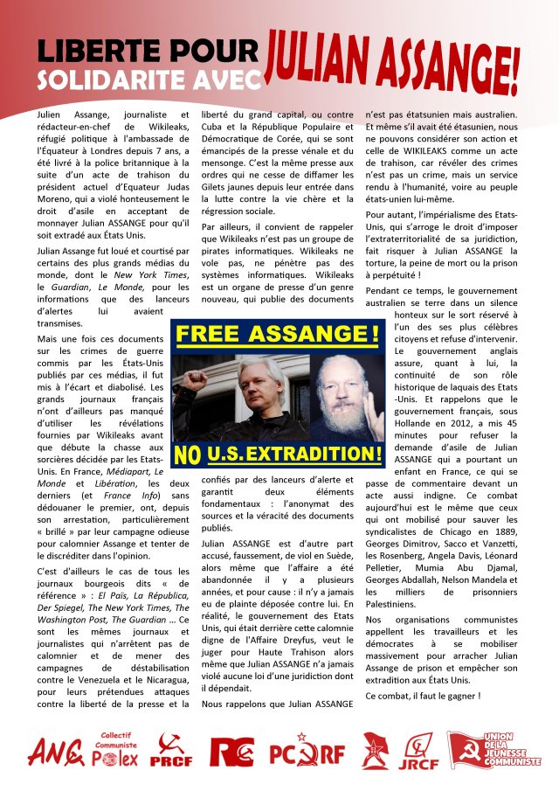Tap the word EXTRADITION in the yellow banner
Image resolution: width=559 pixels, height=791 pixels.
click(x=316, y=454)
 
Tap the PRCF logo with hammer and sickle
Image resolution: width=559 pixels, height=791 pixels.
click(x=171, y=751)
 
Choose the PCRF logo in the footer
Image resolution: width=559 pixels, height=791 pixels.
click(x=307, y=752)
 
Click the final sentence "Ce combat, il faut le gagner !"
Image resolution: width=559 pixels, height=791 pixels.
click(x=423, y=696)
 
